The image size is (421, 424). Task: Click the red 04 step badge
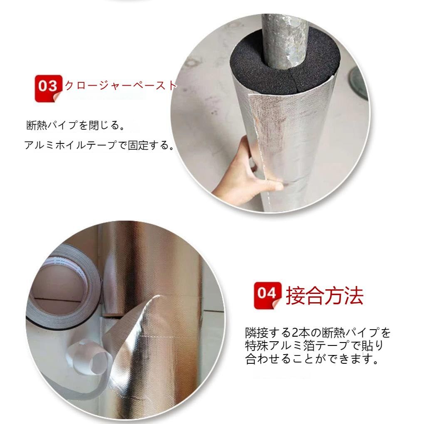267,295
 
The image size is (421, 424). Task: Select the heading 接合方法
324,296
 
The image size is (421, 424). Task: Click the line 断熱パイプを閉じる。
75,125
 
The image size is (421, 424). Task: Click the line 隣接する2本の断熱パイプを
318,332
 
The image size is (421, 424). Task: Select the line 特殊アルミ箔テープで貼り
315,345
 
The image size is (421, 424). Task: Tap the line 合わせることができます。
312,359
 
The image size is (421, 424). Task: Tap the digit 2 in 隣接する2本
295,333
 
